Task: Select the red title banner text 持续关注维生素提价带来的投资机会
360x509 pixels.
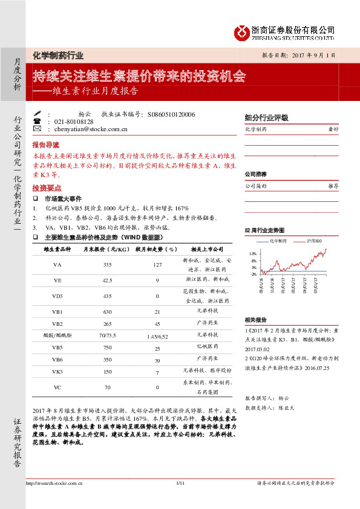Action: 139,76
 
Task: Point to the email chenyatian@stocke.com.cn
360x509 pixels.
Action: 91,129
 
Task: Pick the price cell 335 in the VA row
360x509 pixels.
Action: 108,265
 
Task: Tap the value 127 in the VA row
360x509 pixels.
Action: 157,265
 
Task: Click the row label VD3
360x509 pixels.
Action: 57,296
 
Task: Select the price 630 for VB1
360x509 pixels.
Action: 108,311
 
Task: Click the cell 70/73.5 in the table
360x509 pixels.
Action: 108,334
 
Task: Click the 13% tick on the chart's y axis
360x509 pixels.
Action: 253,254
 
